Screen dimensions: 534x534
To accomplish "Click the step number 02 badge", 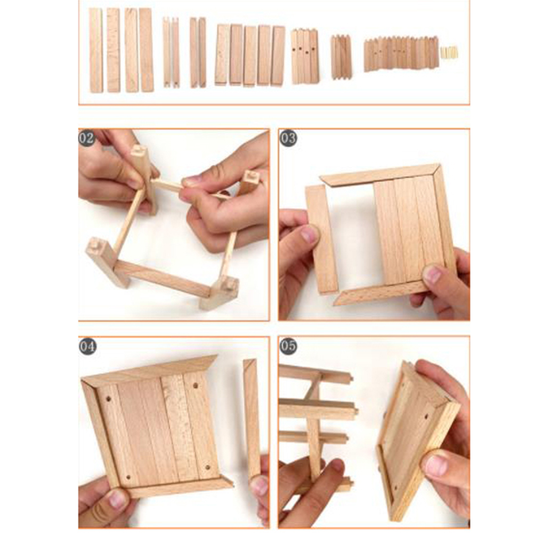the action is [x=86, y=138].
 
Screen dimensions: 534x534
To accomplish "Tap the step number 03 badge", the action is [x=288, y=138].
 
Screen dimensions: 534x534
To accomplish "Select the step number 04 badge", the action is [x=87, y=346].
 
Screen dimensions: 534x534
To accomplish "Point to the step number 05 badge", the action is [x=288, y=346].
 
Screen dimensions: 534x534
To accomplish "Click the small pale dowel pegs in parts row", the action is [x=449, y=52].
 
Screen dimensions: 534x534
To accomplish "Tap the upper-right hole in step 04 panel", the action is [x=196, y=386].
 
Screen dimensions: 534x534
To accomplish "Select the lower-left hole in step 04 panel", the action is [x=128, y=477].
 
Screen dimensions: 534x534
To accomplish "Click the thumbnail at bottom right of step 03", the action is [x=433, y=274].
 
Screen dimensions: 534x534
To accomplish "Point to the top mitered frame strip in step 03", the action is [x=381, y=174].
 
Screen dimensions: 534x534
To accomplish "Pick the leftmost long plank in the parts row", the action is [x=96, y=51].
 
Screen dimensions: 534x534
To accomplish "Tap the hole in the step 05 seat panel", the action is [x=426, y=416].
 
